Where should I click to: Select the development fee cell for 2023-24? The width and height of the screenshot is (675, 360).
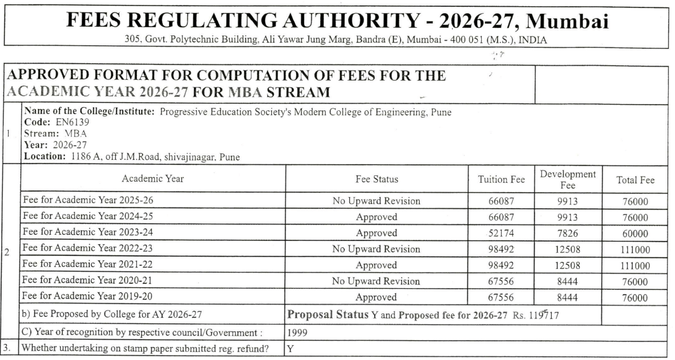click(x=568, y=233)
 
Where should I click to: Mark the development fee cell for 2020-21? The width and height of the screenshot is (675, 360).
click(x=568, y=281)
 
